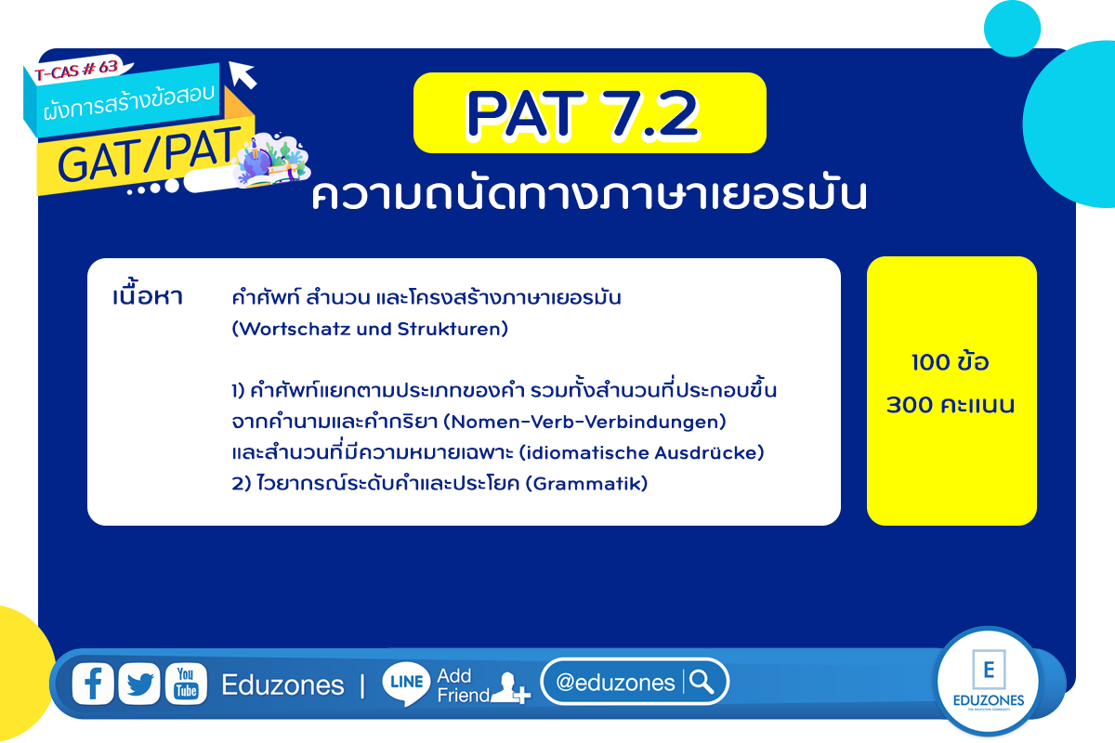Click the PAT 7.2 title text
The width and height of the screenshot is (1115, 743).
coord(583,114)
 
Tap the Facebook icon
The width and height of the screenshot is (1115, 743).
coord(93,684)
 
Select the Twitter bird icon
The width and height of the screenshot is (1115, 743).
coord(139,684)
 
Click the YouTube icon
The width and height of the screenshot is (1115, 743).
coord(186,684)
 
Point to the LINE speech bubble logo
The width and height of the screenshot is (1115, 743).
coord(406,684)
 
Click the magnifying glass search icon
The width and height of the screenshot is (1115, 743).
coord(702,682)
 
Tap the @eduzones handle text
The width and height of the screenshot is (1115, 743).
coord(615,683)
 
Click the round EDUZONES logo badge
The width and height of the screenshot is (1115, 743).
coord(988,681)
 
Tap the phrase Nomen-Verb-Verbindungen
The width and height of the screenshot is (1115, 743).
coord(584,422)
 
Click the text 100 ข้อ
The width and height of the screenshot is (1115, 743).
coord(950,361)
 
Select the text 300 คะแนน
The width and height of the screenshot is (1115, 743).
coord(951,405)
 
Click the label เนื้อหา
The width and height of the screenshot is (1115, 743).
coord(148,295)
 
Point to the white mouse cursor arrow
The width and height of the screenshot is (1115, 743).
coord(243,74)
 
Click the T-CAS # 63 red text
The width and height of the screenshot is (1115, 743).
coord(76,70)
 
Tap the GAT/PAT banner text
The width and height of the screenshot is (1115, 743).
coord(150,154)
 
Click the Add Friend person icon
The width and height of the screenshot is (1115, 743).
coord(510,688)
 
